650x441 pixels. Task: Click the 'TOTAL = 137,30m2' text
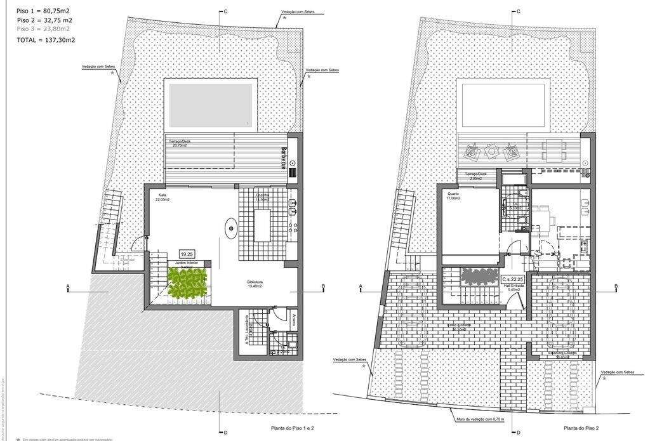click(46, 40)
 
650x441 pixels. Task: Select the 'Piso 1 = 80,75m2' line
click(43, 11)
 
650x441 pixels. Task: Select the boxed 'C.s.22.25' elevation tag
click(513, 279)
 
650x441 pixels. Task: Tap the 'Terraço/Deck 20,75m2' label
click(180, 143)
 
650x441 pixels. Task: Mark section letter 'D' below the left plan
click(225, 433)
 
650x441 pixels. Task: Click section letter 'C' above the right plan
click(519, 11)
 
